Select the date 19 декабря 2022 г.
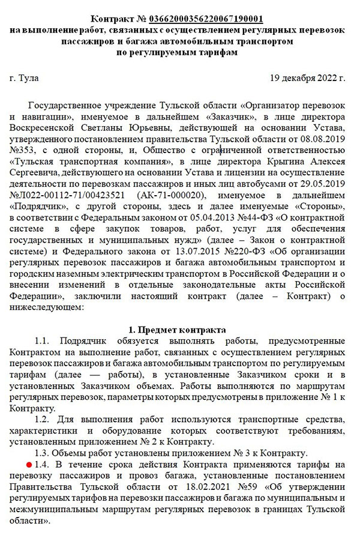point(308,78)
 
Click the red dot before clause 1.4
point(28,465)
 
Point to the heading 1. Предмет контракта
point(178,330)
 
